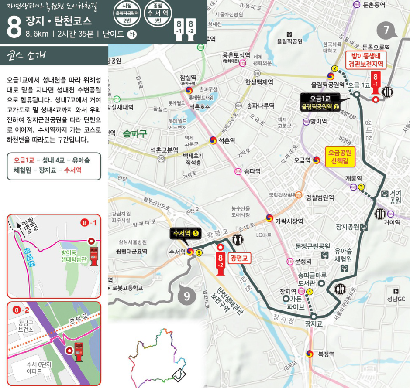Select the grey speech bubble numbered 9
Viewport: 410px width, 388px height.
[187, 296]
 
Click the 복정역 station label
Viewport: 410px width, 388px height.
[326, 354]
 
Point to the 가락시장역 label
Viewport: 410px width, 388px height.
[289, 221]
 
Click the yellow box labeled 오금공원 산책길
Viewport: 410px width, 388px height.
[340, 156]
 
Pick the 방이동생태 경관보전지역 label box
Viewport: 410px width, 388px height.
[365, 61]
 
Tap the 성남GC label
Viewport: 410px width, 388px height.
[396, 299]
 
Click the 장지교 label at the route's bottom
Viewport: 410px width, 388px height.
[314, 323]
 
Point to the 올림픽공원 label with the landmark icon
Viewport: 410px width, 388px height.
[289, 41]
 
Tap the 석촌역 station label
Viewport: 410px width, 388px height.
[227, 140]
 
